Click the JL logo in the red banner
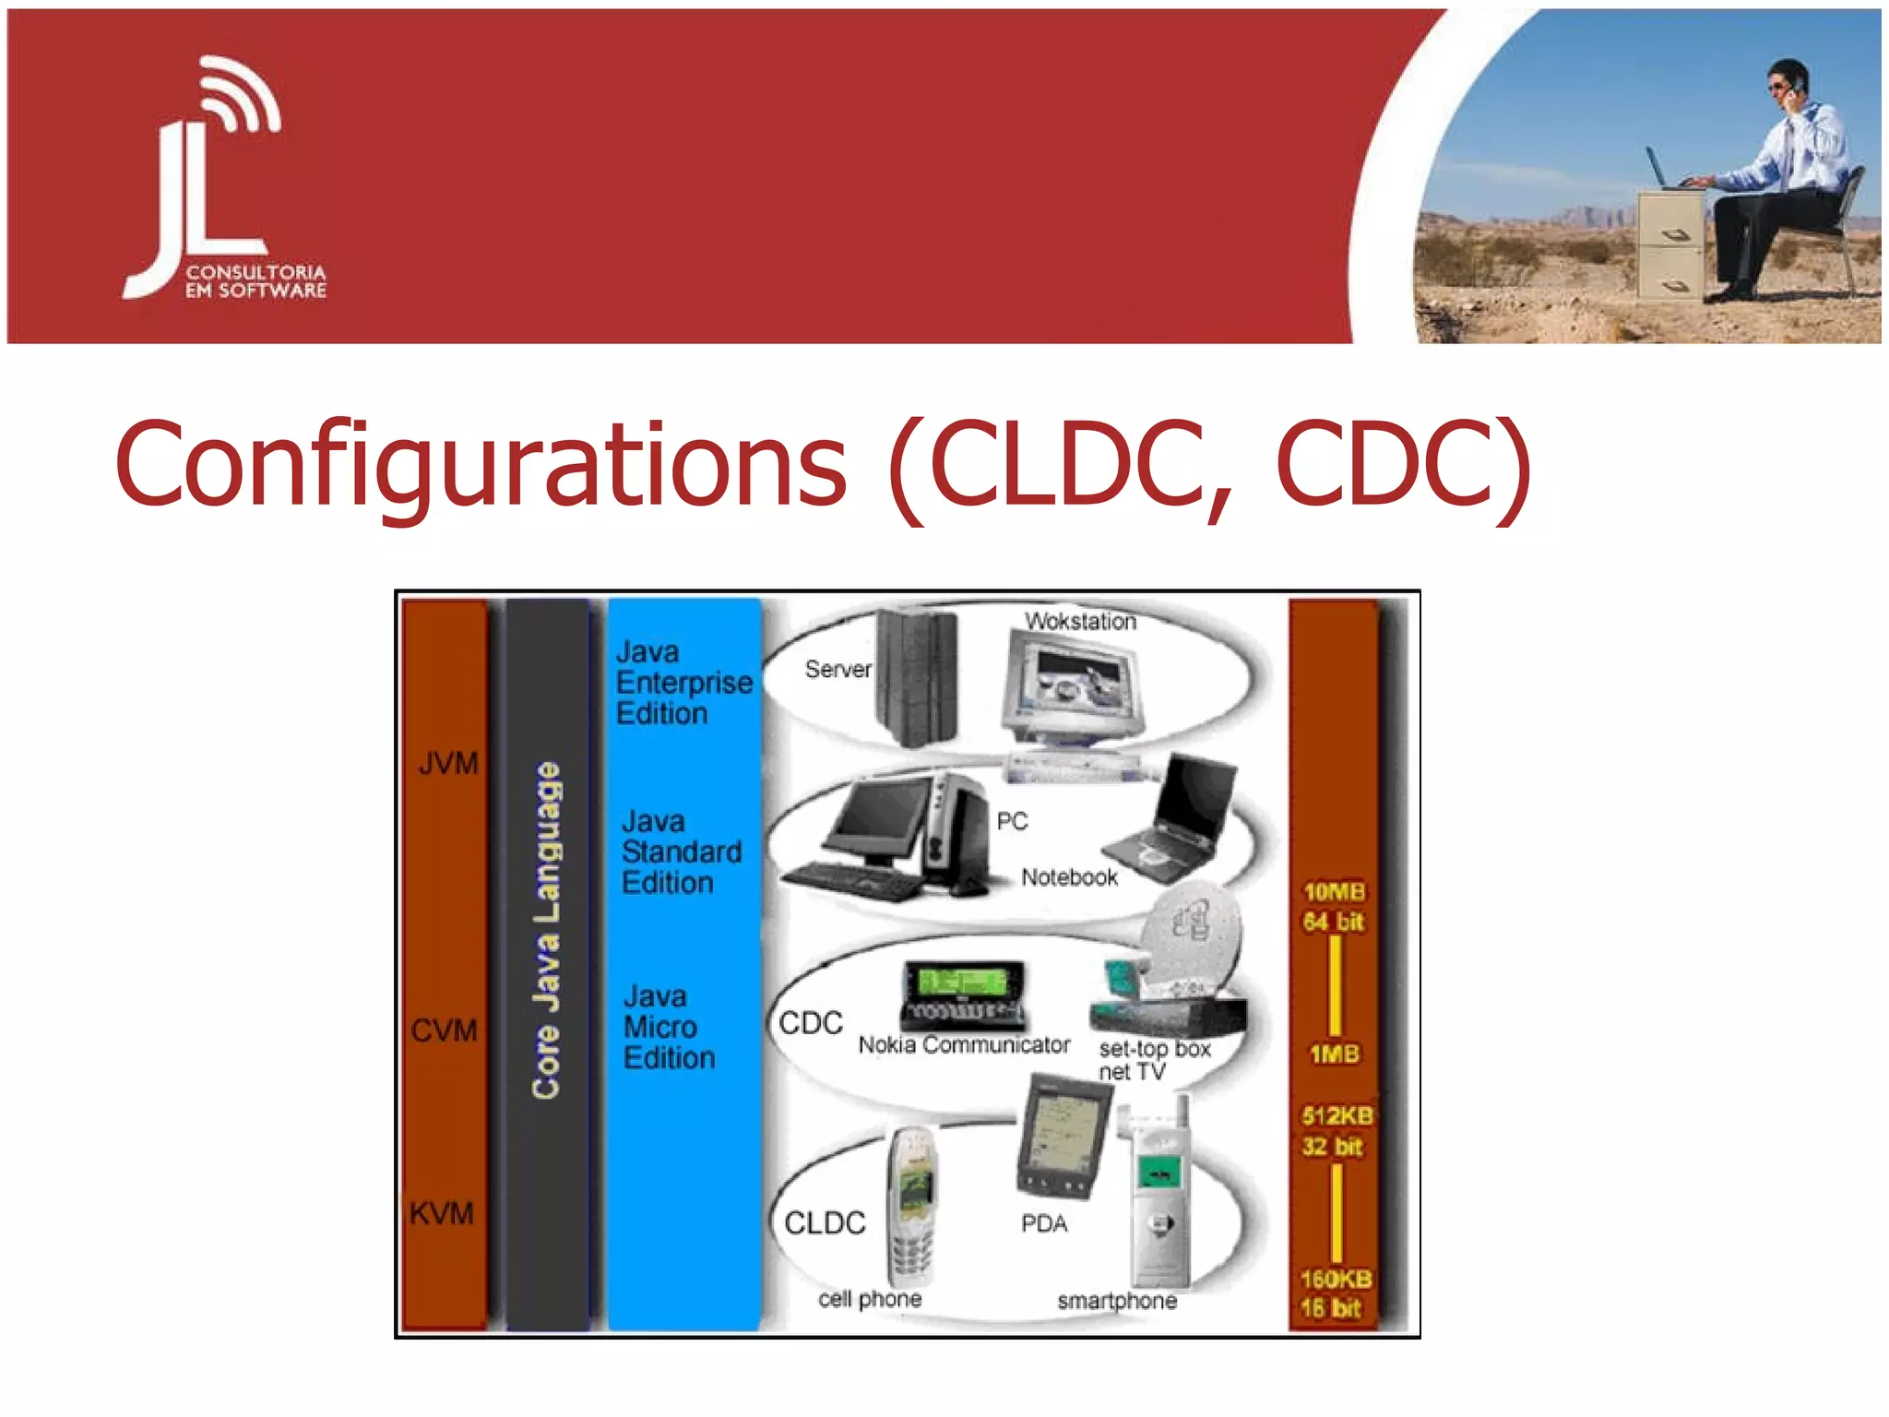pyautogui.click(x=221, y=180)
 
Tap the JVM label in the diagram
pyautogui.click(x=448, y=764)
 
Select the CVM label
pyautogui.click(x=445, y=1030)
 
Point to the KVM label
pyautogui.click(x=442, y=1213)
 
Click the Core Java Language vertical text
pyautogui.click(x=547, y=930)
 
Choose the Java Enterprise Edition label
pyautogui.click(x=683, y=683)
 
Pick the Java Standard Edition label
pyautogui.click(x=681, y=851)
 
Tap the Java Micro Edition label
pyautogui.click(x=669, y=1027)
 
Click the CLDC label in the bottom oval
pyautogui.click(x=825, y=1223)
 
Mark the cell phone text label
pyautogui.click(x=870, y=1299)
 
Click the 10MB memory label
pyautogui.click(x=1334, y=892)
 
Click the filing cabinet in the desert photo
pyautogui.click(x=1670, y=244)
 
